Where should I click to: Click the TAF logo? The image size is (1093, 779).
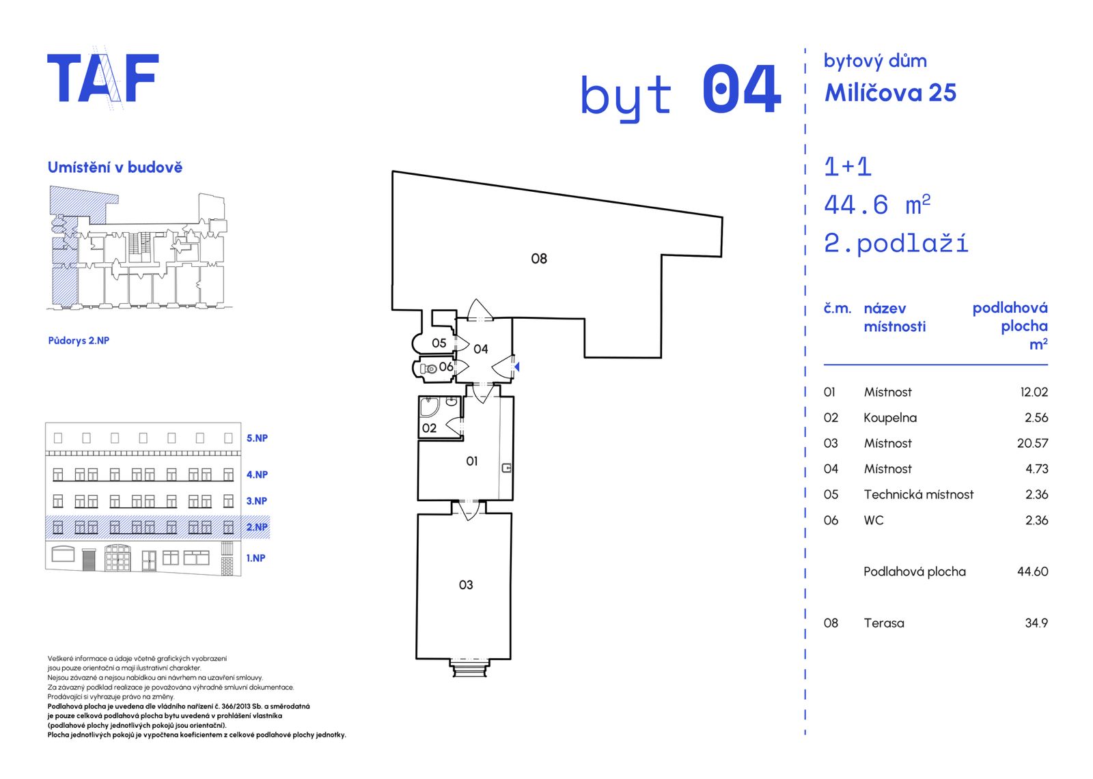point(103,78)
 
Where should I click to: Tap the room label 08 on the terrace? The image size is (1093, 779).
point(539,259)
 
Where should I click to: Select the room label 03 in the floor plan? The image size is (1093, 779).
point(466,585)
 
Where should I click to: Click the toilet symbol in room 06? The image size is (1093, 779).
point(428,369)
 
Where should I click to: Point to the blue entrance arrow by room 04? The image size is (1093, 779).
point(516,367)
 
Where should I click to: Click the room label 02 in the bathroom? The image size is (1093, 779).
point(430,428)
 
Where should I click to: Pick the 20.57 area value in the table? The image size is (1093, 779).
point(1032,443)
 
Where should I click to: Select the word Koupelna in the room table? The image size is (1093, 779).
point(890,418)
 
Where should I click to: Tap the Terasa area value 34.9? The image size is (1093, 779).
point(1036,623)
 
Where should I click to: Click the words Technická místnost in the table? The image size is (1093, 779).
point(918,494)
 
